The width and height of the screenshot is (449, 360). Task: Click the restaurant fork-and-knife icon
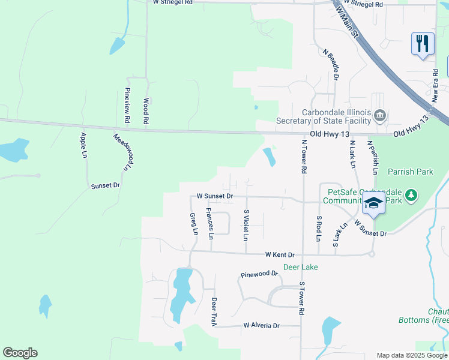[423, 44]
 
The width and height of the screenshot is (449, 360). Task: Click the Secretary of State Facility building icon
[379, 115]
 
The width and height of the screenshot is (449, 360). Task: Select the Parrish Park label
[411, 172]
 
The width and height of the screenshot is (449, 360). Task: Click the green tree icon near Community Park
[411, 195]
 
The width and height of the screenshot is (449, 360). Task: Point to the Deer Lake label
[301, 267]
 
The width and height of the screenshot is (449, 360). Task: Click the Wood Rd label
[146, 112]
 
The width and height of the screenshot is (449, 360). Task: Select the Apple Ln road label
[83, 145]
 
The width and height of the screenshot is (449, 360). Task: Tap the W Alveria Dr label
[262, 326]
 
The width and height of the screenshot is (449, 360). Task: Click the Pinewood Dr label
[259, 274]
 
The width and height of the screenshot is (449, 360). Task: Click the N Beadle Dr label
[331, 65]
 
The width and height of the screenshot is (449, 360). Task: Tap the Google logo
[20, 353]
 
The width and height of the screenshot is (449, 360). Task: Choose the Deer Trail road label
[213, 312]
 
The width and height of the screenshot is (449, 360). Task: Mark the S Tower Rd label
[302, 299]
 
